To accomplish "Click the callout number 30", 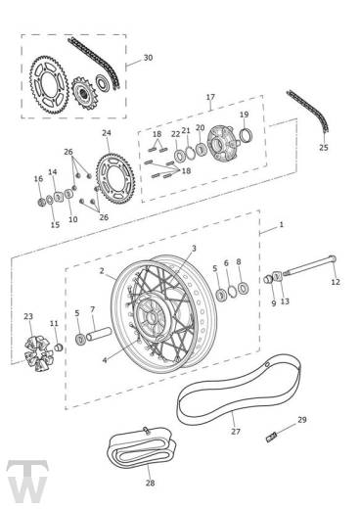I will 148,58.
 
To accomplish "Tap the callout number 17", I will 209,97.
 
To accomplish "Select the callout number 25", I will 324,149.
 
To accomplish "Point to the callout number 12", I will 336,282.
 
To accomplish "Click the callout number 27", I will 235,431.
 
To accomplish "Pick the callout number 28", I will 150,483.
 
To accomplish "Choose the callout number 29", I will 302,420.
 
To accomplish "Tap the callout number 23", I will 28,317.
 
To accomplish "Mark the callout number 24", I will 107,133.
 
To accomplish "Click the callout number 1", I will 282,225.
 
